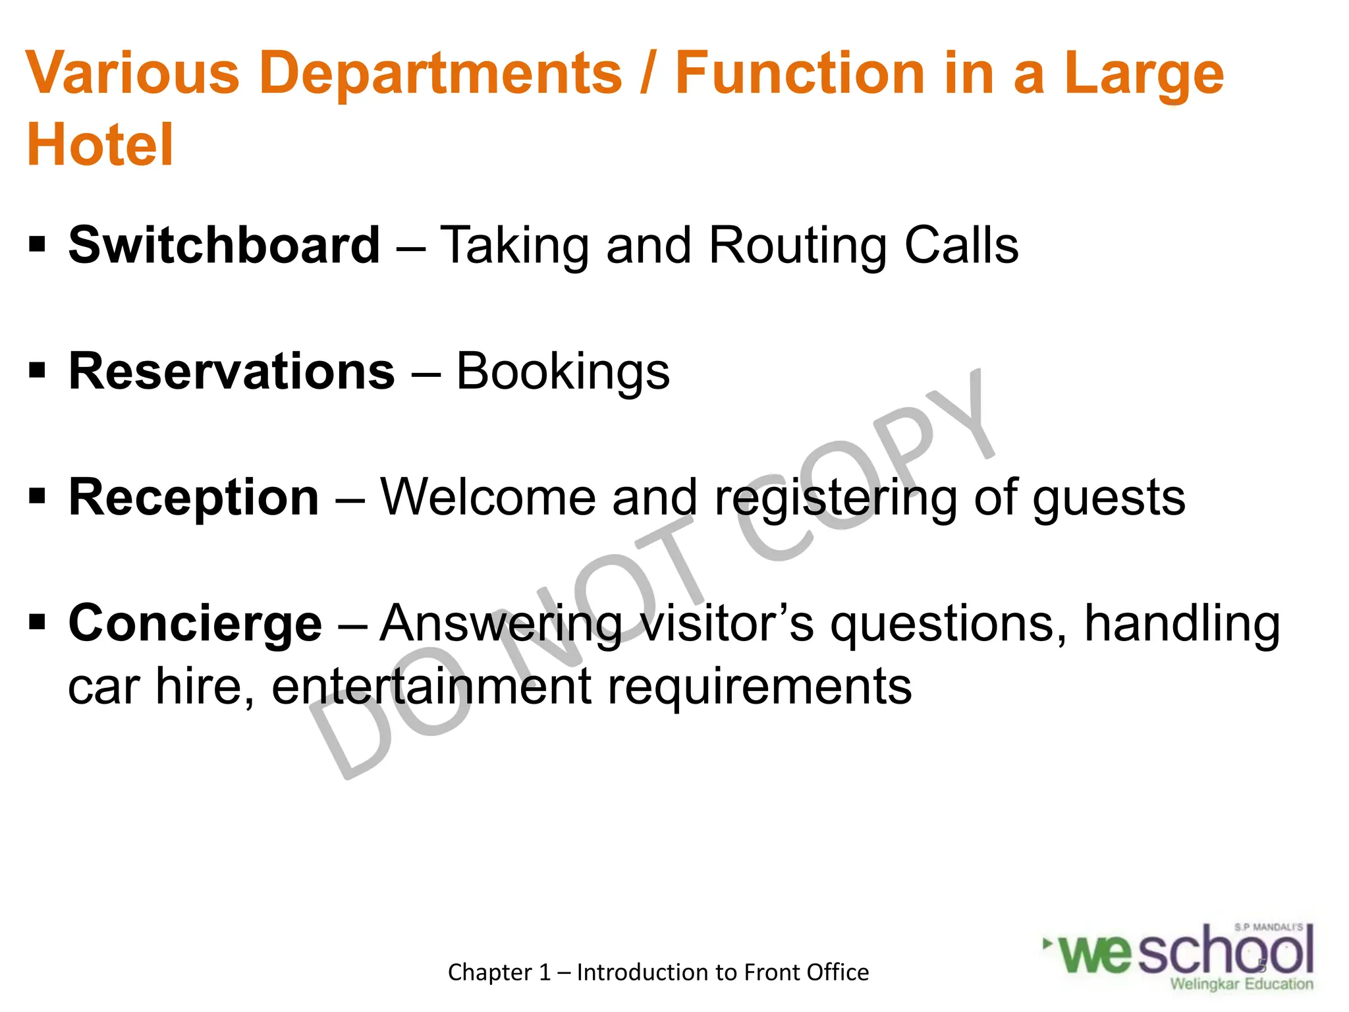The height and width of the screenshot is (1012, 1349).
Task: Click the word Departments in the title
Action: pos(441,74)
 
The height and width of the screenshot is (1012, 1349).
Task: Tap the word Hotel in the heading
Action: pos(100,145)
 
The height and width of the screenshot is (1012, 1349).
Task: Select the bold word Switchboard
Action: pos(224,245)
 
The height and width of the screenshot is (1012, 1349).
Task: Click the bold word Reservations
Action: pos(232,371)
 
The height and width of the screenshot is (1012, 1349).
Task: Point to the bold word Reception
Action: pos(194,497)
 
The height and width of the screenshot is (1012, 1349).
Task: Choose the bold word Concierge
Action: pos(195,623)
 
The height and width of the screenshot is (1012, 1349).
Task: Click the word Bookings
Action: pos(563,372)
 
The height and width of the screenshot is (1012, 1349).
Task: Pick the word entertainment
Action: pos(431,687)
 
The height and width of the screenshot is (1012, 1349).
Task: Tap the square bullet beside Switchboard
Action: pos(37,245)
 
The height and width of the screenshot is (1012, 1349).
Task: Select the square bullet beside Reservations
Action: pos(37,371)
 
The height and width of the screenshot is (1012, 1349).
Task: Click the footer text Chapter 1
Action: pos(499,972)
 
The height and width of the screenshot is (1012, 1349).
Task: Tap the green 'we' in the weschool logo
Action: pos(1097,954)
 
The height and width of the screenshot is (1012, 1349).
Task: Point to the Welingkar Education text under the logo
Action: pos(1241,984)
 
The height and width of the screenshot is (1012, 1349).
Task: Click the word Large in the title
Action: pos(1143,74)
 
